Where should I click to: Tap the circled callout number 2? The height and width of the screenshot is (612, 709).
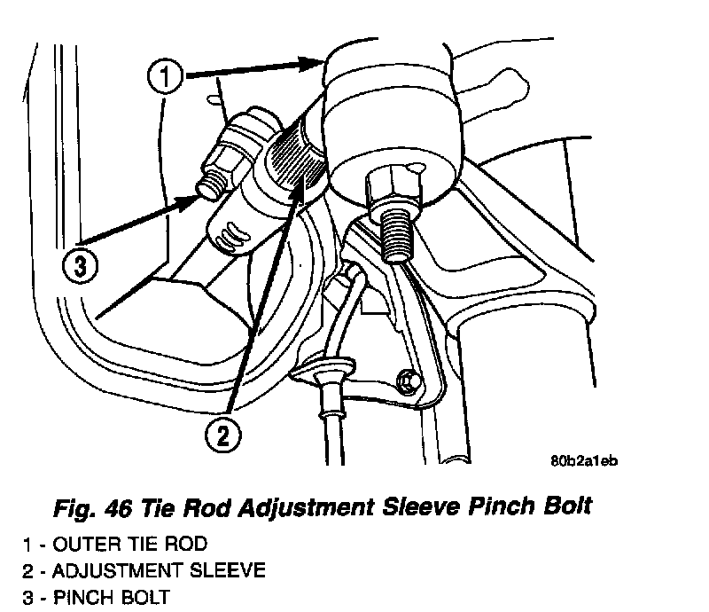223,435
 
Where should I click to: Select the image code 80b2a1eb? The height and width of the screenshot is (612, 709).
583,460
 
